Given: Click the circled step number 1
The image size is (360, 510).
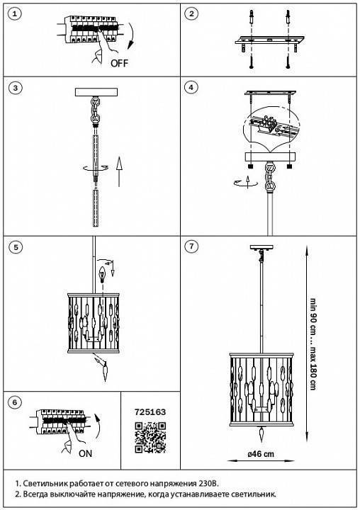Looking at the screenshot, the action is (x=15, y=13).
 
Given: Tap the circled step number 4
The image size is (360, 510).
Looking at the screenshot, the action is (x=191, y=87).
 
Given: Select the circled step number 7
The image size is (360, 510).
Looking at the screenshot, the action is (x=191, y=246).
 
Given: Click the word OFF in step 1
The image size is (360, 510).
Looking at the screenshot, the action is (x=120, y=63).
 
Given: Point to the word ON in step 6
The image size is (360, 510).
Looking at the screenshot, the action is (x=85, y=453).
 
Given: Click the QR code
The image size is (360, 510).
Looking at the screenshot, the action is (x=150, y=437).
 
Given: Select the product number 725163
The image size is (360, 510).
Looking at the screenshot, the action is (x=150, y=412).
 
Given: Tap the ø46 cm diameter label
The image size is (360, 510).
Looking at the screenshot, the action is (x=261, y=454).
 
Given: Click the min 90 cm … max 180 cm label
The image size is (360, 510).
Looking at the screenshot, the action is (x=313, y=344).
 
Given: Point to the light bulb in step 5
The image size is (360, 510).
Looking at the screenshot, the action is (x=103, y=275).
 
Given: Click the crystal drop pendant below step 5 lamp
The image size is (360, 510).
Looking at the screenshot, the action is (x=105, y=373).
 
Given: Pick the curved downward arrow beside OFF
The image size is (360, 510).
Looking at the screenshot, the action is (x=131, y=36).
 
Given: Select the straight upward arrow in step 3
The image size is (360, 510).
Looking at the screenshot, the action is (x=119, y=171).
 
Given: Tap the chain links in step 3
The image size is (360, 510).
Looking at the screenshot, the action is (x=96, y=110).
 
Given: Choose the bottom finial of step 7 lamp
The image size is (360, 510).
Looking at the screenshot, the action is (x=261, y=434).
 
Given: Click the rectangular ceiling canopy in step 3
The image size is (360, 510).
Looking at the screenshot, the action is (x=96, y=92).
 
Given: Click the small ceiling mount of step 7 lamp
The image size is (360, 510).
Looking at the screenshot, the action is (x=261, y=247).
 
